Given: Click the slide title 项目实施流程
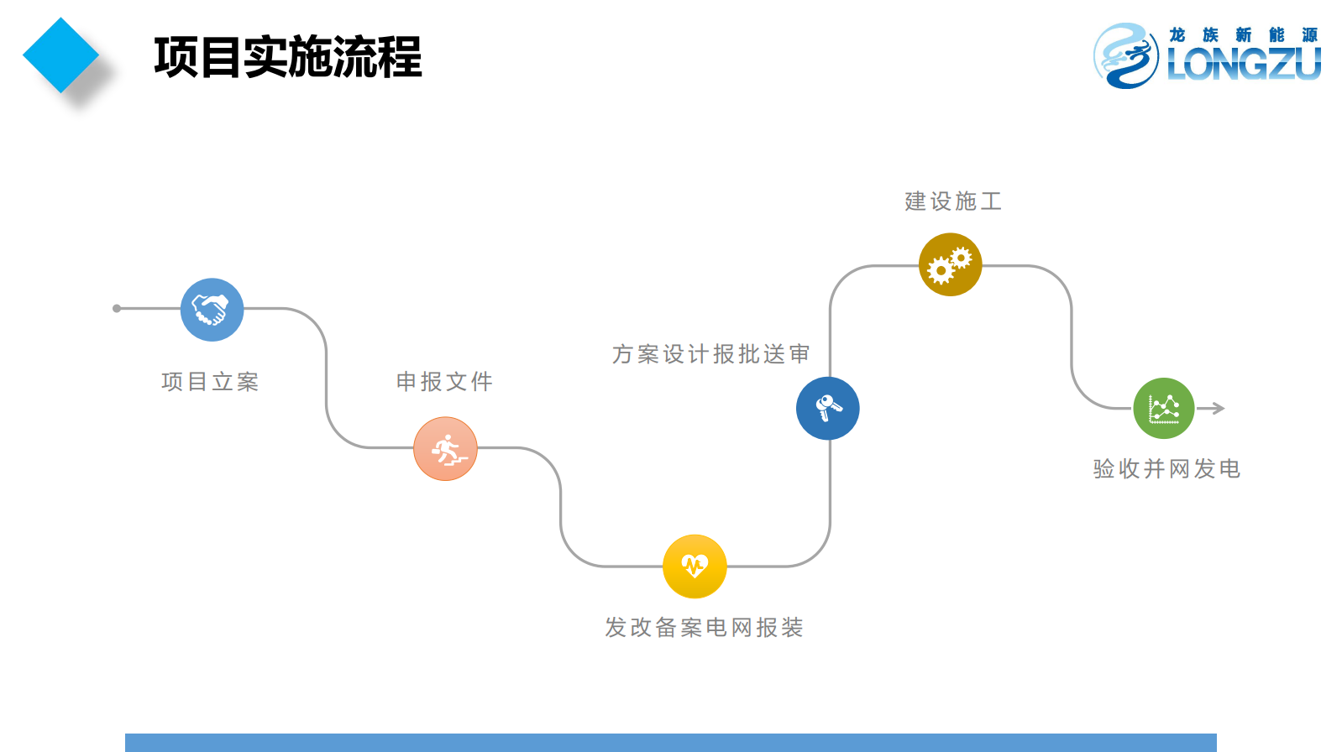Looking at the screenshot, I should pyautogui.click(x=287, y=57).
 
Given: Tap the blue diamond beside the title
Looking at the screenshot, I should pyautogui.click(x=60, y=55).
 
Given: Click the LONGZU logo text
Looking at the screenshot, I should pyautogui.click(x=1244, y=64).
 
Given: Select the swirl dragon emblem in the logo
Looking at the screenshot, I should pyautogui.click(x=1125, y=55).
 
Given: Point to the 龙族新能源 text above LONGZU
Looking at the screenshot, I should pyautogui.click(x=1243, y=34).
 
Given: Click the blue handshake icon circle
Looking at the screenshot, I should pyautogui.click(x=212, y=310).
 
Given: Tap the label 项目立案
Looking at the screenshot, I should pyautogui.click(x=210, y=382).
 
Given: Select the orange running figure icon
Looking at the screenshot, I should pyautogui.click(x=445, y=449).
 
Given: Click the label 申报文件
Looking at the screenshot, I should pyautogui.click(x=444, y=382).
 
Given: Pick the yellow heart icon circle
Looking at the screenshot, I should pyautogui.click(x=695, y=567).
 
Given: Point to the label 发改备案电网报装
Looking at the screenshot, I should pyautogui.click(x=704, y=628).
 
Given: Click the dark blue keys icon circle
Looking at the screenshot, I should pyautogui.click(x=828, y=409).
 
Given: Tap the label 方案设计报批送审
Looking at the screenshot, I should pyautogui.click(x=710, y=354).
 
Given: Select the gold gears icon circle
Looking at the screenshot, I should pyautogui.click(x=951, y=265).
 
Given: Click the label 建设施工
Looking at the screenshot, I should pyautogui.click(x=953, y=201).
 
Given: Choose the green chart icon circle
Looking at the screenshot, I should pyautogui.click(x=1164, y=409).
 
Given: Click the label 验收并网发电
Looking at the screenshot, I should pyautogui.click(x=1166, y=469).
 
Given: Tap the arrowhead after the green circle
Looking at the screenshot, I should pyautogui.click(x=1217, y=409).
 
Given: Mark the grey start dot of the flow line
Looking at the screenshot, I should pyautogui.click(x=117, y=309).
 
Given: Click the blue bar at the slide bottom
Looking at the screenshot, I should pyautogui.click(x=670, y=743).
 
